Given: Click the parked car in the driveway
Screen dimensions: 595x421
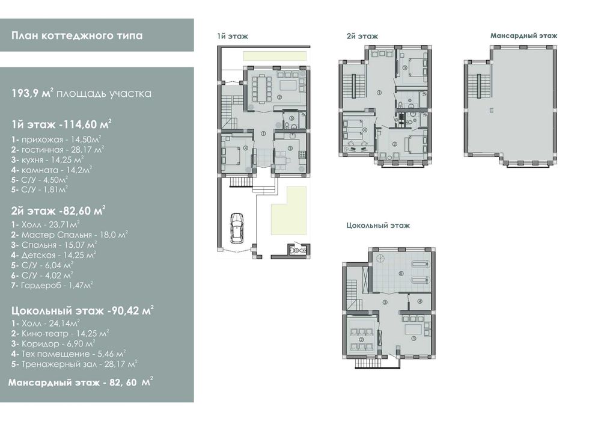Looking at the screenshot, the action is coord(237,228).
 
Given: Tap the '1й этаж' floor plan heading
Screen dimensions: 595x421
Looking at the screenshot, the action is coord(233,37).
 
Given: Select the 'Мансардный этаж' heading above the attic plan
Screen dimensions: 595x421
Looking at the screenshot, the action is coord(523,35).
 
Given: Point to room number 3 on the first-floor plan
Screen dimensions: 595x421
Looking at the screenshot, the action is coord(290,148).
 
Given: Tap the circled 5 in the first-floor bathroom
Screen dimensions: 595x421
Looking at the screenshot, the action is coord(291,118).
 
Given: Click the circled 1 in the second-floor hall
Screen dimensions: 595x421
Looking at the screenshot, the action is coord(379,93).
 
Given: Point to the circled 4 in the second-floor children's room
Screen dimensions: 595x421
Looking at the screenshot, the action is coord(365,130).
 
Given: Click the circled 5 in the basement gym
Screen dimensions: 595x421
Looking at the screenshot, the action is coord(401,273).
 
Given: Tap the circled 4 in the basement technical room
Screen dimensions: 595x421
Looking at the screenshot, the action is coord(420,301).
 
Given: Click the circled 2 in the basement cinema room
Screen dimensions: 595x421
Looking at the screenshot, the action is coord(361,340).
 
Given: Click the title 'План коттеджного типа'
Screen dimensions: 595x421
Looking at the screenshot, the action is coord(77,35).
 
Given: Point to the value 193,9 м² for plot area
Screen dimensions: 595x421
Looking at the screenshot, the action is coord(31,93).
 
